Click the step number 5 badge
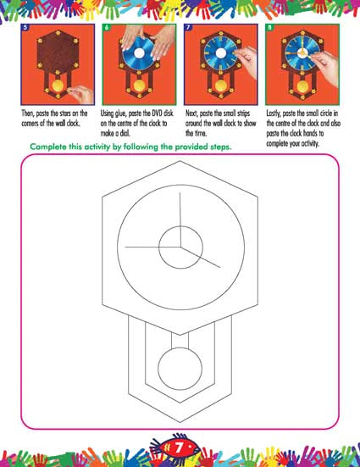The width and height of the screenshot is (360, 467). tap(25, 27)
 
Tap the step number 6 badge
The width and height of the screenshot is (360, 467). tap(107, 27)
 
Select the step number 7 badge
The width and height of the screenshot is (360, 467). tap(188, 27)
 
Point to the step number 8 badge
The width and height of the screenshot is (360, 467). tap(269, 27)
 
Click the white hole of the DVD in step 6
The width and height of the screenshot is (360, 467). tap(139, 53)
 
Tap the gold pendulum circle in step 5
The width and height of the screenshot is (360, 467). tap(58, 86)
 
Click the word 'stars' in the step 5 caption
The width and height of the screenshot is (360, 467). tap(65, 114)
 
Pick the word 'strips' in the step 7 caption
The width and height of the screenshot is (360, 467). tap(244, 114)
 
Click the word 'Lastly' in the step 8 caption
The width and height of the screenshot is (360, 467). tap(274, 114)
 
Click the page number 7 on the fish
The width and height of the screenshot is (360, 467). tap(179, 448)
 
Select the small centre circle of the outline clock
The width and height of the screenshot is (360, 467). tap(180, 226)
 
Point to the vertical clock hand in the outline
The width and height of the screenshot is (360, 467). tap(180, 220)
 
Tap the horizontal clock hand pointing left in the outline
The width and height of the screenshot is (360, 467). tap(152, 247)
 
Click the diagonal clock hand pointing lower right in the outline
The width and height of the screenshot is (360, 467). tap(200, 258)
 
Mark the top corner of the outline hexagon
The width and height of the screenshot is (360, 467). tap(180, 161)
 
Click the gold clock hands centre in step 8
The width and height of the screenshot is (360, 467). tap(302, 53)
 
